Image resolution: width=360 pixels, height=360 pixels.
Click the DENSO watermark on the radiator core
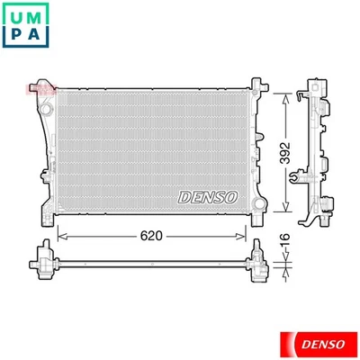point(208,195)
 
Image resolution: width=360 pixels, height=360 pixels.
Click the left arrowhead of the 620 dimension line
point(60,236)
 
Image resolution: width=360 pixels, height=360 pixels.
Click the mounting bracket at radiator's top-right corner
point(259,86)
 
